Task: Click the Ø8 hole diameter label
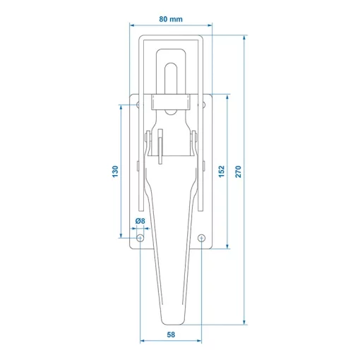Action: pos(140,222)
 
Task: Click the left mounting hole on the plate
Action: pos(140,239)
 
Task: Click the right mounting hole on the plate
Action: pos(202,239)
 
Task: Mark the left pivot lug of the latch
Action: pos(150,141)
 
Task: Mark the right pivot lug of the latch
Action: pos(193,141)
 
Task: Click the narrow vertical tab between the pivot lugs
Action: pos(162,146)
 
